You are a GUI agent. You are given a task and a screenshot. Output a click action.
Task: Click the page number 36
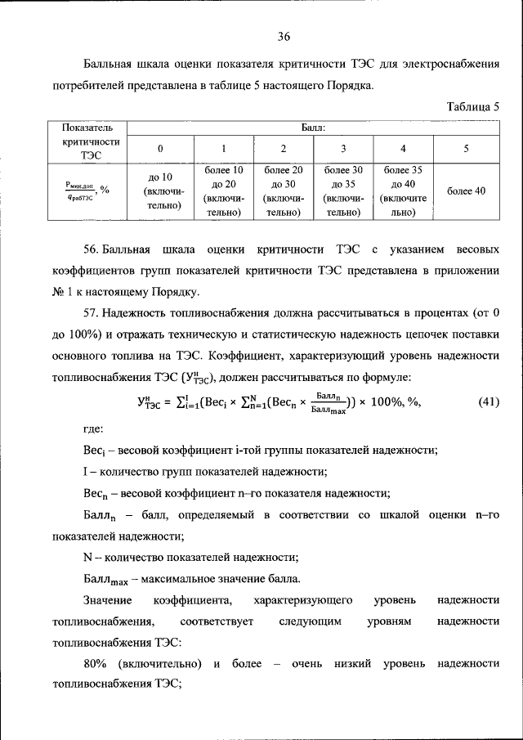284,36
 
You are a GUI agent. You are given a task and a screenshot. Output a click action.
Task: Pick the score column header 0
160,149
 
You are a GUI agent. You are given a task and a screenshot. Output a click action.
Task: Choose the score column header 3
343,149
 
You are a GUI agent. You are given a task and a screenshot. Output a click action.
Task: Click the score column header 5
466,149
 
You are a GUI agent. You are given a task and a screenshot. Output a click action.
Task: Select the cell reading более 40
466,191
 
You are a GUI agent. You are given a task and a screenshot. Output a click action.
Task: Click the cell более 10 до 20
222,191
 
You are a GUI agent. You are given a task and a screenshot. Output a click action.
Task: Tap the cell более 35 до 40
403,191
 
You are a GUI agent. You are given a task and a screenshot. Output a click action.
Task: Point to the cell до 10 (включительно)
160,191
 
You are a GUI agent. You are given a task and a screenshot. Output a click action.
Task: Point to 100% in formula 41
387,401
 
